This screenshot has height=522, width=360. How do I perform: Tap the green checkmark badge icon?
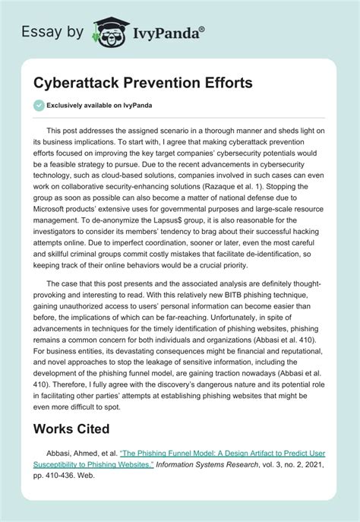click(x=39, y=107)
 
